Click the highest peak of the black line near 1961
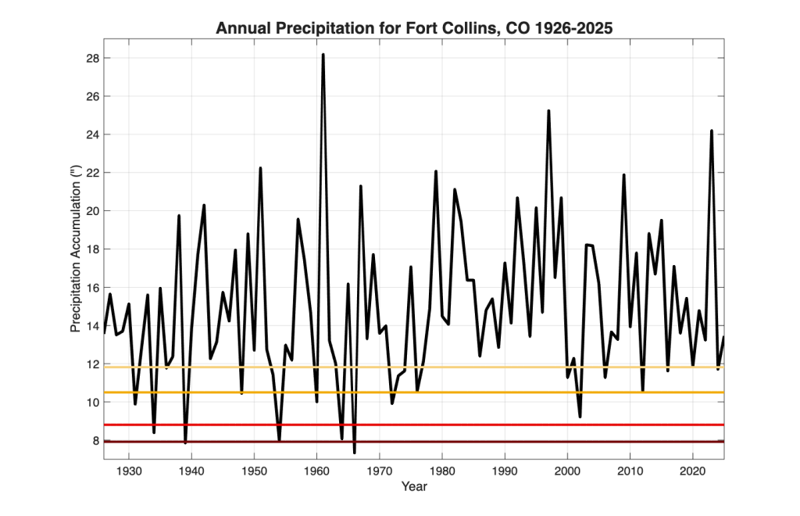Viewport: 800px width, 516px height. point(323,55)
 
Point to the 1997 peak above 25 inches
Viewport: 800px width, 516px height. point(548,111)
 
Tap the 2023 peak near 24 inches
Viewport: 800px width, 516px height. point(712,131)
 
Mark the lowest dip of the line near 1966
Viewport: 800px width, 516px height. point(355,452)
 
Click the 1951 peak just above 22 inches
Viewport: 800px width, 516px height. point(260,168)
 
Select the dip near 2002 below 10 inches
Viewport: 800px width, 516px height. point(580,417)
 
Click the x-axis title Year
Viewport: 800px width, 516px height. point(414,486)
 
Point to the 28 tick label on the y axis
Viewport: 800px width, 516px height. point(92,58)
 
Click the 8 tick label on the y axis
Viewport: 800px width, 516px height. point(95,440)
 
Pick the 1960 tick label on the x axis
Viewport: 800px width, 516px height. point(317,471)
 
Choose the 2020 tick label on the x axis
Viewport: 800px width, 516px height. point(693,471)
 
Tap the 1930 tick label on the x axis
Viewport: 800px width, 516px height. point(129,471)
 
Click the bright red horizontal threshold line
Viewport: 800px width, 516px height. point(414,425)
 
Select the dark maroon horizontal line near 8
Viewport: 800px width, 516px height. point(414,442)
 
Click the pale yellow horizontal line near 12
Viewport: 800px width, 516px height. point(414,367)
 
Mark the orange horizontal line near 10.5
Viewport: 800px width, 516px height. point(414,392)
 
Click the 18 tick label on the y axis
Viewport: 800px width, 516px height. point(92,249)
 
